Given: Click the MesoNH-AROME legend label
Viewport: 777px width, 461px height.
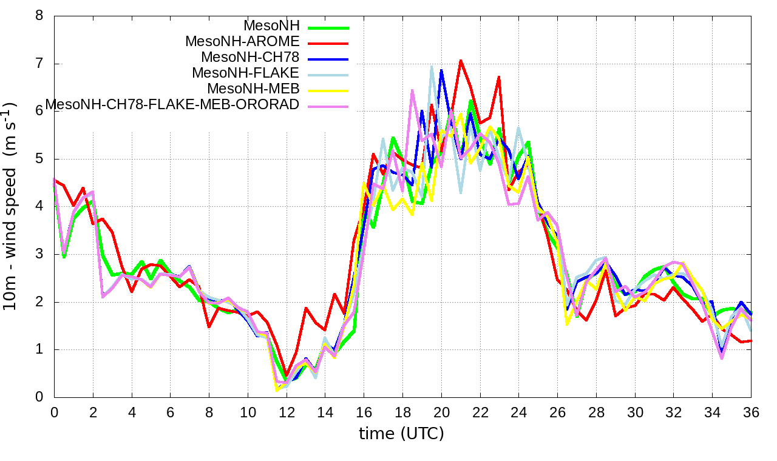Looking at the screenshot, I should pyautogui.click(x=242, y=42).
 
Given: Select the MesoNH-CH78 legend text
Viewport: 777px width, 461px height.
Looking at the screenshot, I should pyautogui.click(x=250, y=58).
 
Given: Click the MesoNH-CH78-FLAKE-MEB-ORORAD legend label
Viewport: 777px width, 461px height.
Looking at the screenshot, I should pyautogui.click(x=172, y=105).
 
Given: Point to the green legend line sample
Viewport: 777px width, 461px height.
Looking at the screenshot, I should pyautogui.click(x=328, y=27).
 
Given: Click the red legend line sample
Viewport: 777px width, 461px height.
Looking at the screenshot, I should pyautogui.click(x=328, y=43).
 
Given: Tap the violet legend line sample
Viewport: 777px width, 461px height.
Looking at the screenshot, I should pyautogui.click(x=328, y=106).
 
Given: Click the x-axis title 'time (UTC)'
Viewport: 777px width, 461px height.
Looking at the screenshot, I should pyautogui.click(x=401, y=434).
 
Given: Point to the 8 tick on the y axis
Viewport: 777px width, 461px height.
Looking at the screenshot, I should pyautogui.click(x=39, y=16).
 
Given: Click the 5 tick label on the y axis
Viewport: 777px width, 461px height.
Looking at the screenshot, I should pyautogui.click(x=39, y=159).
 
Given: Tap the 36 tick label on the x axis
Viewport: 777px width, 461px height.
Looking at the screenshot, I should pyautogui.click(x=751, y=412).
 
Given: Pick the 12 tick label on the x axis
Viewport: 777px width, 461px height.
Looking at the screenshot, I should pyautogui.click(x=286, y=412).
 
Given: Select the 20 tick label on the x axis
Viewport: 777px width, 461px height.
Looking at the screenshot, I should pyautogui.click(x=441, y=412).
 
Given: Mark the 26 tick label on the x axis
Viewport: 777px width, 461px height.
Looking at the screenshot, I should pyautogui.click(x=557, y=412).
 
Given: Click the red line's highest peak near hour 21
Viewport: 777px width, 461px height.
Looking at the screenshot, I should pyautogui.click(x=461, y=60).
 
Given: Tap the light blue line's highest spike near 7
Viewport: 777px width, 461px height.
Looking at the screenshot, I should pyautogui.click(x=432, y=66).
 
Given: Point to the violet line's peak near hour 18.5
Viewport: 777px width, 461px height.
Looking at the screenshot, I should pyautogui.click(x=412, y=90).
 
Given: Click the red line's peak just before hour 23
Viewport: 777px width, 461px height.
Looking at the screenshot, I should pyautogui.click(x=499, y=77).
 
